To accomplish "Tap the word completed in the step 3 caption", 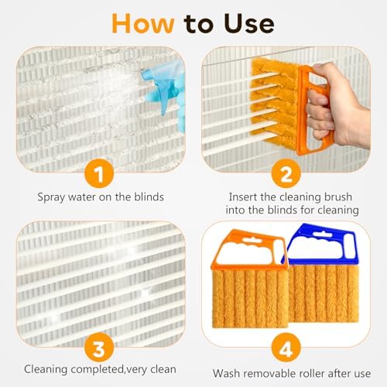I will point(92,370).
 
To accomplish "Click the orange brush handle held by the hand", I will point(298,108).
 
